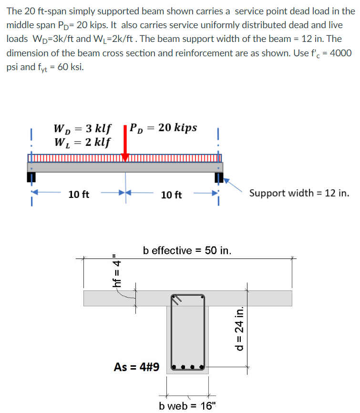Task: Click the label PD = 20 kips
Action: coord(163,128)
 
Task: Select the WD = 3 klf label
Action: coord(82,129)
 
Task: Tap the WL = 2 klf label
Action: coord(82,142)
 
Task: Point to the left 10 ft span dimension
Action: coord(79,195)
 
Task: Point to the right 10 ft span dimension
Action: coord(171,195)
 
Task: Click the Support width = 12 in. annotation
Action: coord(299,193)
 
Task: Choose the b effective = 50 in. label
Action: coord(187,249)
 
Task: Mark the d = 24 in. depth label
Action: coord(239,329)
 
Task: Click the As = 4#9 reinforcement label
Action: coord(136,367)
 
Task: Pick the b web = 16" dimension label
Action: coord(187,406)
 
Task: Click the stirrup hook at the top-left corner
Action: coord(177,299)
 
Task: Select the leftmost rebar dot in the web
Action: coord(175,368)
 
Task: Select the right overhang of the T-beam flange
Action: coord(250,298)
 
